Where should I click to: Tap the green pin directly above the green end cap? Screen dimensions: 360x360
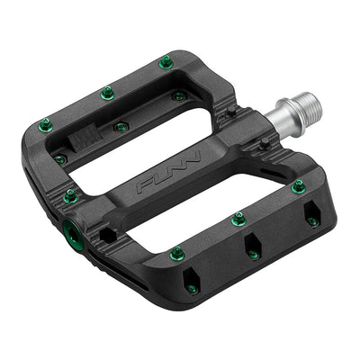[x=70, y=195]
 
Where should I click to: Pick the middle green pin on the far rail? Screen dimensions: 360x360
[x=107, y=92]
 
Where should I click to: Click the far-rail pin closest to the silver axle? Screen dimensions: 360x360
[x=166, y=61]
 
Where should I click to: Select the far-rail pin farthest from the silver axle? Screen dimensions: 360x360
[x=44, y=125]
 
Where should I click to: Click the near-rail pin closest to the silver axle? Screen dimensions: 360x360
[x=298, y=187]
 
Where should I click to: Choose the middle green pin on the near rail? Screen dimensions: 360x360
[x=238, y=219]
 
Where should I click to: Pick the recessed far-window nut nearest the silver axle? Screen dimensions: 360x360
[x=179, y=95]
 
